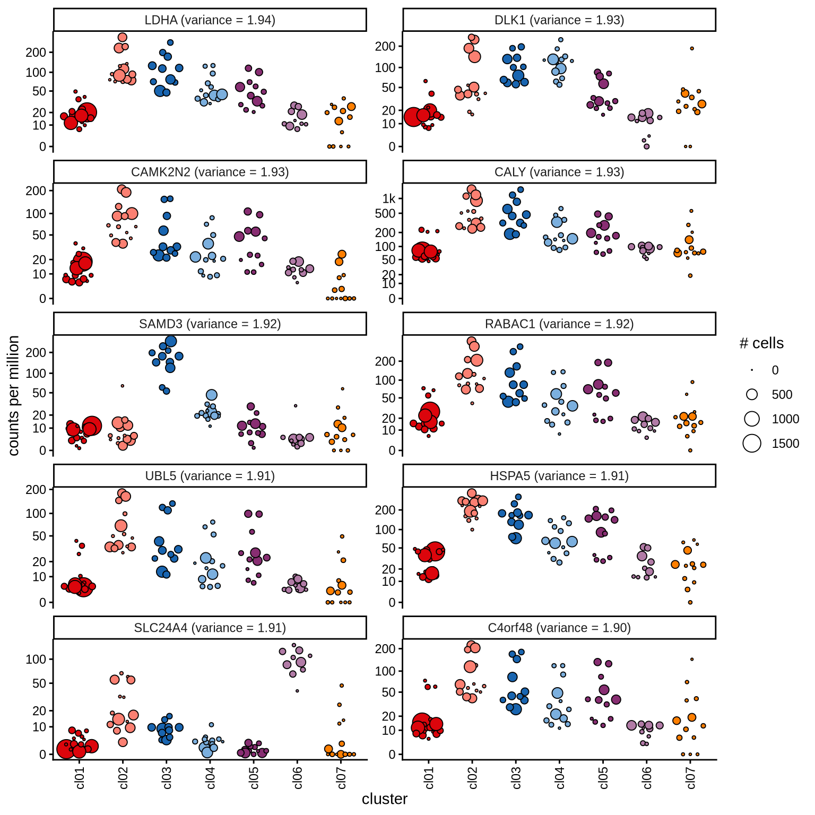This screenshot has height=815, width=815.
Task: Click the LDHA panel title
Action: click(210, 20)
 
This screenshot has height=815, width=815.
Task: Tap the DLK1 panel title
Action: click(559, 20)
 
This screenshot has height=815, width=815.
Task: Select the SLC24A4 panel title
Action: click(210, 628)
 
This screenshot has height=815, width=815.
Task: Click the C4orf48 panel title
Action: click(559, 628)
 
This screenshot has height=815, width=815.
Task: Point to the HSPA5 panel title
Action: click(559, 476)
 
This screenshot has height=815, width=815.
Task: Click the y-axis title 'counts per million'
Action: click(14, 395)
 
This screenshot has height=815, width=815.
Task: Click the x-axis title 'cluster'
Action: click(385, 799)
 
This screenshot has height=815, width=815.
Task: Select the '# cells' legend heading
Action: click(761, 343)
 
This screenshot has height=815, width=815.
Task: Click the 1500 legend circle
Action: click(752, 443)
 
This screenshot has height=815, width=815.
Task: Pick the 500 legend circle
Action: click(752, 394)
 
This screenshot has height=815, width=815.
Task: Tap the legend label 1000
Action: click(785, 419)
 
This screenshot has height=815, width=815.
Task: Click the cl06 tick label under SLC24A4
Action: click(298, 777)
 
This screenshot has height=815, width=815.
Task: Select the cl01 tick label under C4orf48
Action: click(429, 777)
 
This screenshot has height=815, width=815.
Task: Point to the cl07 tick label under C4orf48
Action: click(691, 777)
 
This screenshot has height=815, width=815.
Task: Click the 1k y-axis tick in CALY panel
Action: click(389, 199)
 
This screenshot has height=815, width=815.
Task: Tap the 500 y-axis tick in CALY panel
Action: click(386, 214)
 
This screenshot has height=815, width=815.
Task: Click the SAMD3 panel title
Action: click(210, 324)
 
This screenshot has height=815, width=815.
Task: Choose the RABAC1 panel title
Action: click(559, 324)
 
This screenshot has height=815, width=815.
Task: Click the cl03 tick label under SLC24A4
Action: click(167, 777)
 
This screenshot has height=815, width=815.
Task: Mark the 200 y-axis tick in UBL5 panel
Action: click(36, 490)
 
